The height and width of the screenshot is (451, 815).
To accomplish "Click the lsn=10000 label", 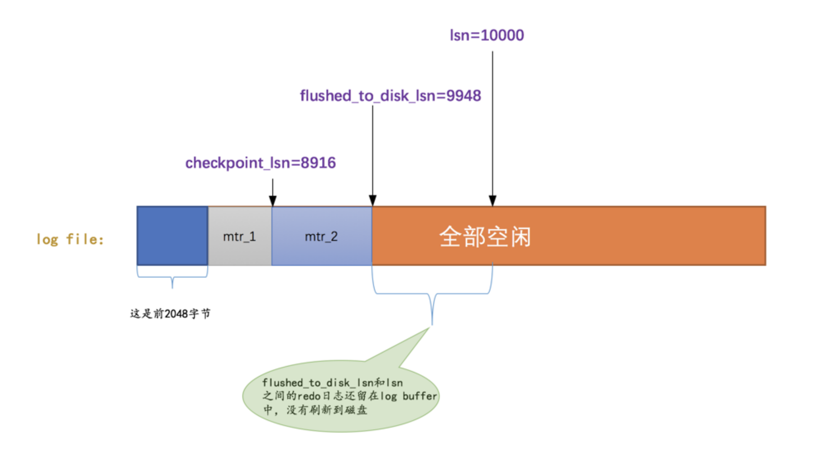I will [486, 35].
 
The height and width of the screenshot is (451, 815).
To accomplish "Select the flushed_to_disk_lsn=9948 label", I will [390, 96].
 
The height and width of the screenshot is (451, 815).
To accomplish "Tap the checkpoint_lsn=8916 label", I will [260, 163].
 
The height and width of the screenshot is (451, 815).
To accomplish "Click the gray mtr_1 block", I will [240, 236].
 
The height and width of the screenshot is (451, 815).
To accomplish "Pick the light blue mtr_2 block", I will [321, 236].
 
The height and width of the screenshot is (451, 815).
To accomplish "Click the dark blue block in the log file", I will [173, 235].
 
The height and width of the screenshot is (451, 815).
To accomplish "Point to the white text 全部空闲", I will [485, 237].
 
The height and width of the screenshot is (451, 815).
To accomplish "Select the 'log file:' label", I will [70, 239].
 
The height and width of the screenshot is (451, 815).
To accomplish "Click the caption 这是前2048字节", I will [170, 314].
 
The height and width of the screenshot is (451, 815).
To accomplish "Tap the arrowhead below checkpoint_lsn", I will [273, 201].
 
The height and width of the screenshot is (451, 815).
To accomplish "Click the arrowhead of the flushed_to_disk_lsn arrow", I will [373, 200].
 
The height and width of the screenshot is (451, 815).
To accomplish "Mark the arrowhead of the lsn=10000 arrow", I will [493, 200].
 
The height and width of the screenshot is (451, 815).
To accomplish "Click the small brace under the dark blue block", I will [172, 278].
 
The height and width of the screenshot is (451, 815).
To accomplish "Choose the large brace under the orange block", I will [432, 295].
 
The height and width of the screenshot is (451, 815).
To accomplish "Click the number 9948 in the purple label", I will [463, 96].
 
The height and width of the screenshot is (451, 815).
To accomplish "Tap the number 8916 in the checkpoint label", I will [318, 163].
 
